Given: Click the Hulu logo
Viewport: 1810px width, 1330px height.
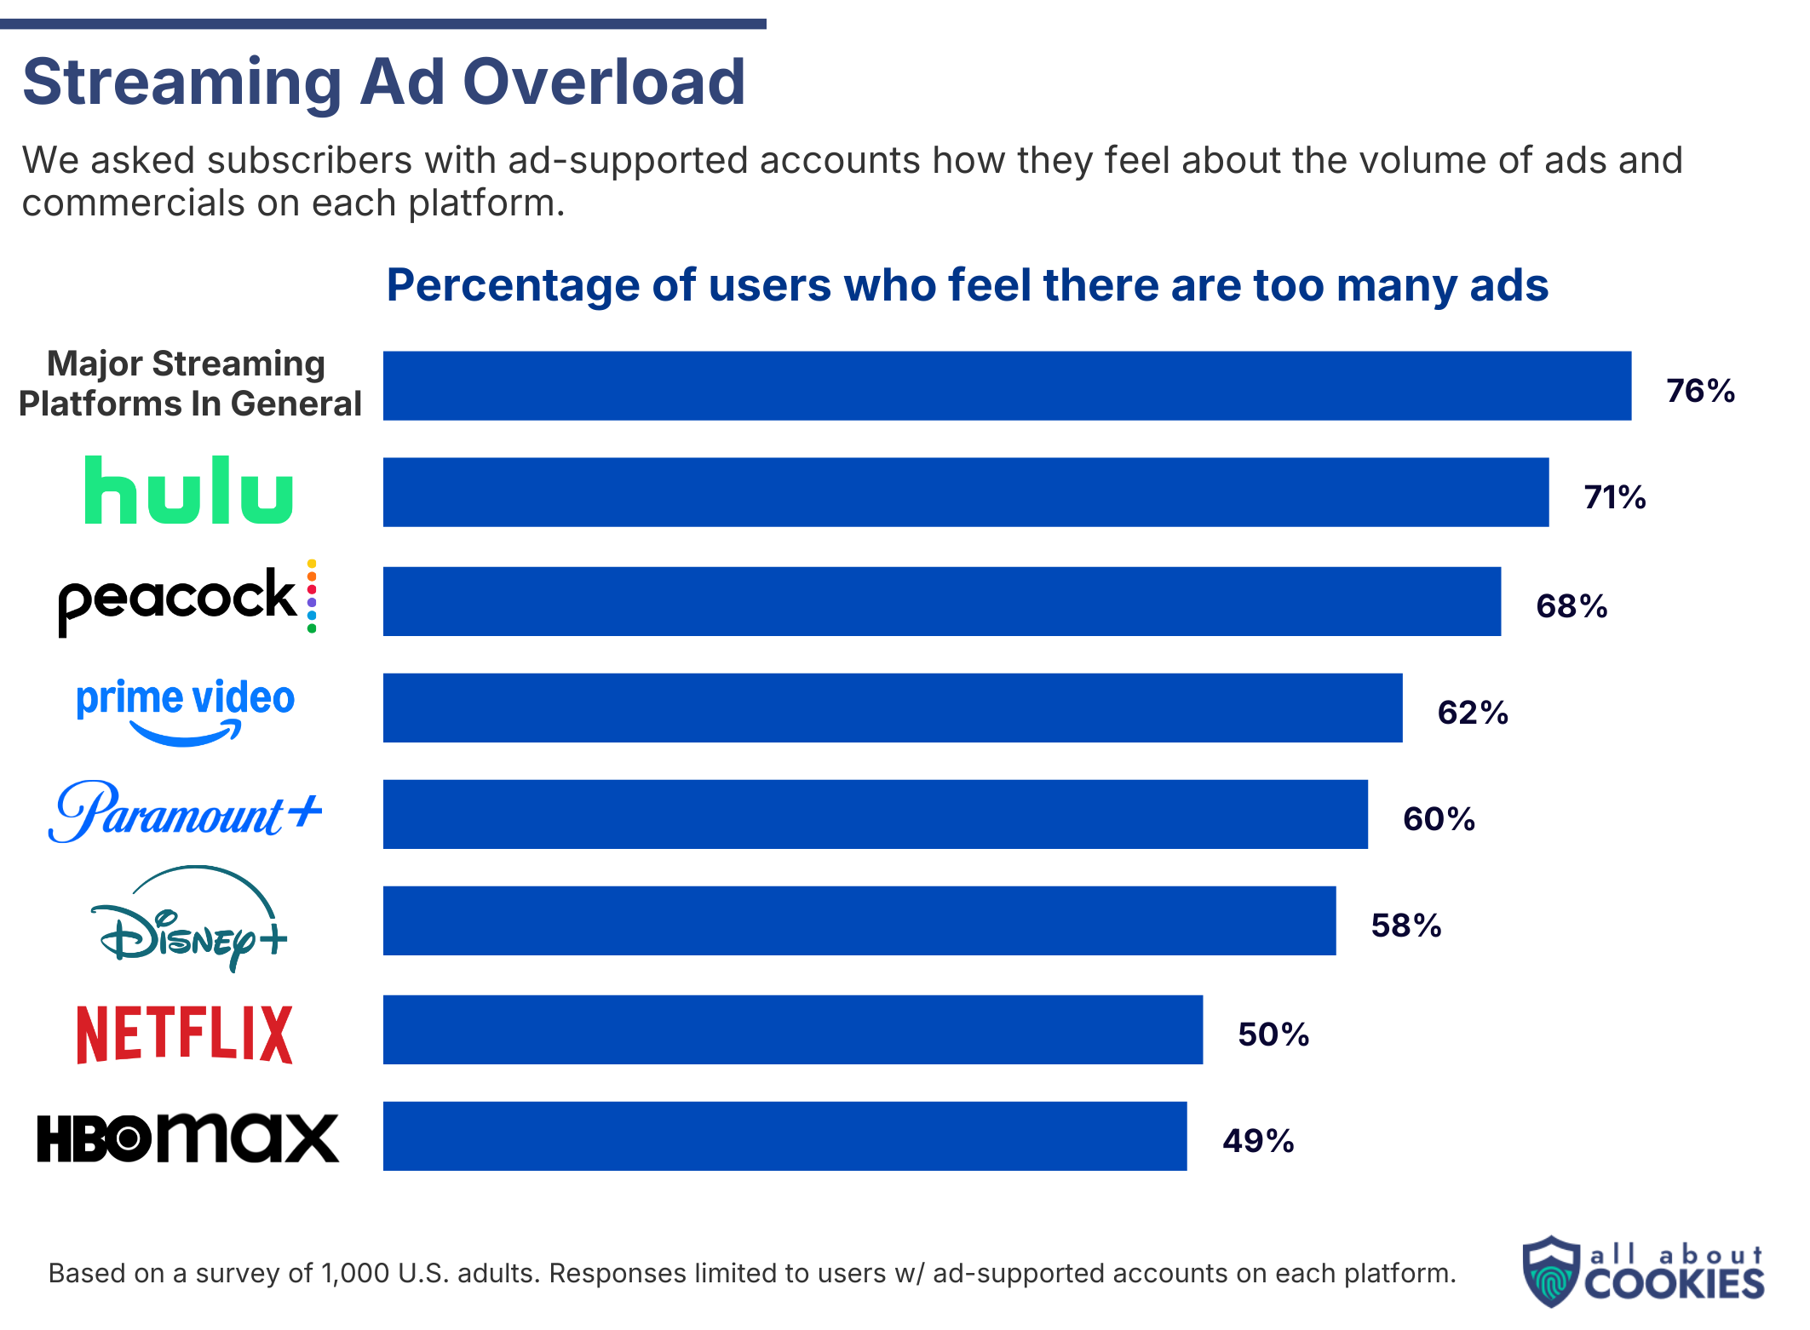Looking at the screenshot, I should click(188, 491).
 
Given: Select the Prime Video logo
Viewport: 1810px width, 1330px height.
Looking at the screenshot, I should click(186, 708).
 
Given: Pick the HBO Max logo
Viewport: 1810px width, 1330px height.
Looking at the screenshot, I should click(187, 1138).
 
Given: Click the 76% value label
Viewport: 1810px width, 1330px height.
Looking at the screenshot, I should click(1700, 391).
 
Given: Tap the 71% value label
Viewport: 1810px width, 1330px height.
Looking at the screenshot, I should click(1614, 497).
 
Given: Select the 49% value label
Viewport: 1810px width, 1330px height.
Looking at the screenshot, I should click(1258, 1141).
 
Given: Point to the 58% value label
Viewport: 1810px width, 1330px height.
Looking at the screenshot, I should click(1405, 926).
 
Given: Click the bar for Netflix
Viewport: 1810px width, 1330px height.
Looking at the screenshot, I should click(792, 1029).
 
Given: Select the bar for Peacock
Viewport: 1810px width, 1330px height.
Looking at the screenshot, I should click(941, 601).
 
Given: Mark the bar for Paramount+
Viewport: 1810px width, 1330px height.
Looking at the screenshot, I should click(875, 814).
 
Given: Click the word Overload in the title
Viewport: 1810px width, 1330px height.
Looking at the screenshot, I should click(604, 83).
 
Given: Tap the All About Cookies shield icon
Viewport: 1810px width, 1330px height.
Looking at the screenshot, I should click(1551, 1271).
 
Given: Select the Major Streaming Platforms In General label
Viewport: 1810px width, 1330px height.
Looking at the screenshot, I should click(190, 384).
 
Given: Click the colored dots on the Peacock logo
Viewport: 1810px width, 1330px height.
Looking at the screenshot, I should click(312, 596).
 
